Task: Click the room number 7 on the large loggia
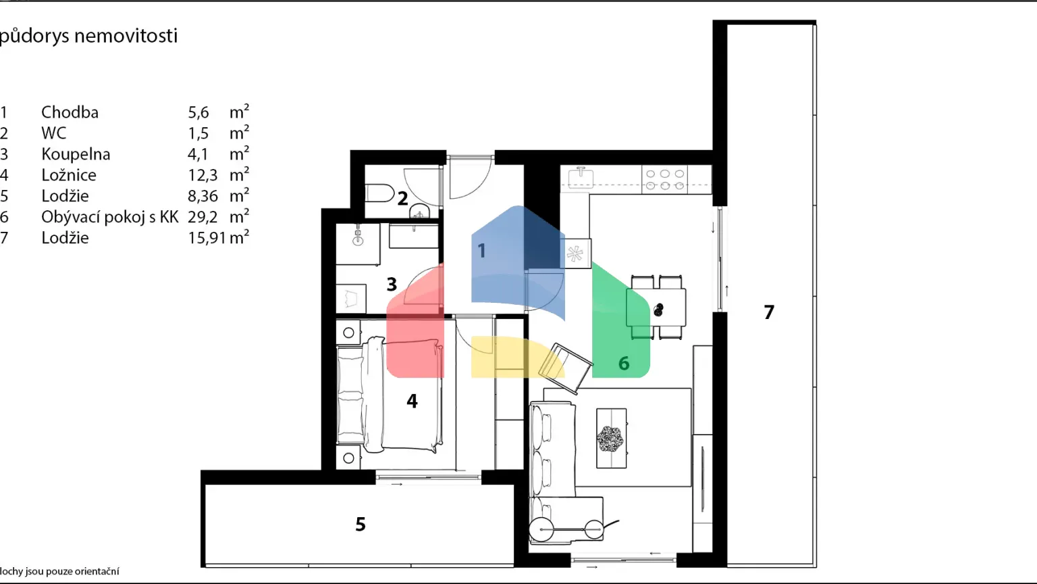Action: click(769, 312)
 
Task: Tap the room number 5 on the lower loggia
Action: click(361, 524)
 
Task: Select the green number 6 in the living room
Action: click(624, 364)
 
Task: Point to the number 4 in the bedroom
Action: click(412, 401)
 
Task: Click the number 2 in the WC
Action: click(402, 199)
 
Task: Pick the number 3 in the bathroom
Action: click(392, 284)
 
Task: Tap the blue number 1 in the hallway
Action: click(481, 251)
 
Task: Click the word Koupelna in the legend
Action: click(76, 154)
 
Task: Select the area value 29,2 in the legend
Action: click(203, 217)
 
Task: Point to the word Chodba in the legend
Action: click(70, 112)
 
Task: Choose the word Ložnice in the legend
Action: click(69, 175)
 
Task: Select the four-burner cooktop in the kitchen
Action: click(664, 179)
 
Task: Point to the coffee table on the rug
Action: click(612, 438)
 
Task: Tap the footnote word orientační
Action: click(97, 572)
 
